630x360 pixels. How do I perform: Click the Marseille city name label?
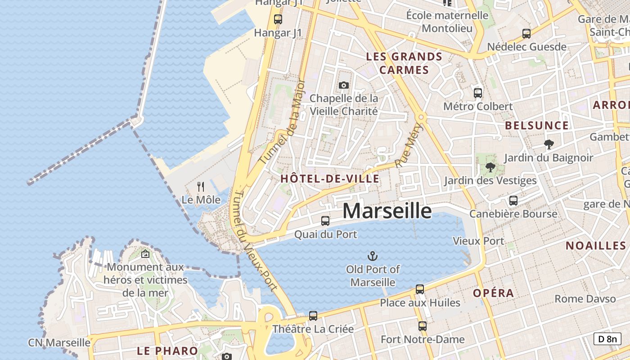pos(387,211)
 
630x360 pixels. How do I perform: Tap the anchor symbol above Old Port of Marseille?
pos(372,256)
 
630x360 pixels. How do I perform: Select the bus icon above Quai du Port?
pos(325,221)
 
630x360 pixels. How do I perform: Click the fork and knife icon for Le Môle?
pos(201,186)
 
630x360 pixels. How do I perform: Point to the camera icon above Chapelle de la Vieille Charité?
pos(343,85)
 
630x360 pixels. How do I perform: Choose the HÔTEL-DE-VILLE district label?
pos(330,179)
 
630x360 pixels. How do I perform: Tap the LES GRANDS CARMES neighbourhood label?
pos(404,63)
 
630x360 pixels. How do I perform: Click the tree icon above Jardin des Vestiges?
pos(490,168)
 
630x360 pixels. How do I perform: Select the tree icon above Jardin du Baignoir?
pos(549,144)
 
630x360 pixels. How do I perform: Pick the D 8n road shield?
pos(607,339)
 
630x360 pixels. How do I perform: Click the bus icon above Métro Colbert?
pos(478,93)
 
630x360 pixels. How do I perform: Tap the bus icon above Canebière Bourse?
pos(513,201)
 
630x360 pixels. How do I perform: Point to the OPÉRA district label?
pos(493,293)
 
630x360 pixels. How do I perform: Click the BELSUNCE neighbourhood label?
pos(537,126)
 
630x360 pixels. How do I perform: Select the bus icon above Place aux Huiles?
pos(420,289)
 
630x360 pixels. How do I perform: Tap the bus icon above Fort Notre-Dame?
pos(422,326)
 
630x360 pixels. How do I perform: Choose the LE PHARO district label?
pos(167,351)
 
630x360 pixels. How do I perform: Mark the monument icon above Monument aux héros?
pos(145,254)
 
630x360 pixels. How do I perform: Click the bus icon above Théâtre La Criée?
pos(313,316)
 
